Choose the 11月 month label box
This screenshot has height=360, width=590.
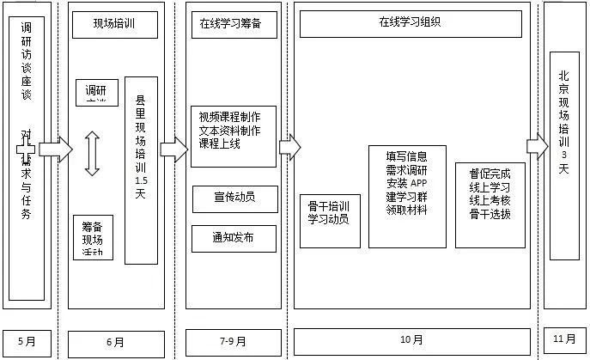tap(563, 339)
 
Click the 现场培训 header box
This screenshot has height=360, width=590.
tap(115, 26)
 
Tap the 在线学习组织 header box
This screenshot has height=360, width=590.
tap(411, 24)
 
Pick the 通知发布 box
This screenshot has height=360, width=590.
tap(234, 236)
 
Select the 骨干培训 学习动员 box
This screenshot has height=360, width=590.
tap(328, 212)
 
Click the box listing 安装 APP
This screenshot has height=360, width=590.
tap(407, 184)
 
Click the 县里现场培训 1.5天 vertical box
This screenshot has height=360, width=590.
tap(141, 169)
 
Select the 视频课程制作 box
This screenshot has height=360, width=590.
tap(234, 136)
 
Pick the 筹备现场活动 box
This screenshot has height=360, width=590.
tap(93, 237)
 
